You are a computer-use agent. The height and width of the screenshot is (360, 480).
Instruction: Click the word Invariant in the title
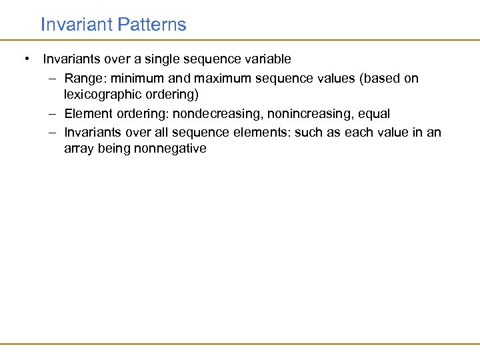tap(76, 25)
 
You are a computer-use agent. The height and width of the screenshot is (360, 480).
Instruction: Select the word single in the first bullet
tap(176, 59)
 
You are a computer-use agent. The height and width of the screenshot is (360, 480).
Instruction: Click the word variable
tap(268, 59)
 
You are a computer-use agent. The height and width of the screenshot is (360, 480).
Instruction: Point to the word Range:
tap(83, 78)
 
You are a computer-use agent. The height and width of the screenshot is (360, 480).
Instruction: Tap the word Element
tap(87, 114)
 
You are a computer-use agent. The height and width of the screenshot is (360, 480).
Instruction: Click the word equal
tap(373, 114)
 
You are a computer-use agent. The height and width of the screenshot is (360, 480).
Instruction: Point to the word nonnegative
tap(170, 149)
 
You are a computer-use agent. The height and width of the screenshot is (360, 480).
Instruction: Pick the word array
tap(79, 149)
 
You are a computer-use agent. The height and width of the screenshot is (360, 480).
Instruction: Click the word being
tap(114, 149)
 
